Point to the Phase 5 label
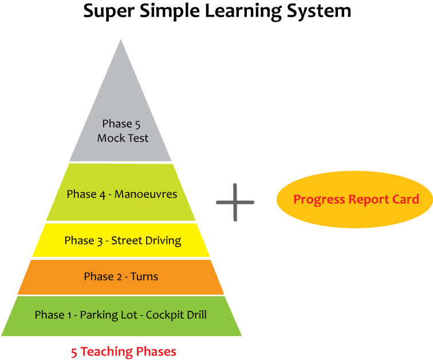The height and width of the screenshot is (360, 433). point(120,124)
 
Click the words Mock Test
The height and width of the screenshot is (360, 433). point(123,138)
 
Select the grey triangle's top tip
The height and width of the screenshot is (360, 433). point(120,41)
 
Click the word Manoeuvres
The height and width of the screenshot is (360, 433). point(145,194)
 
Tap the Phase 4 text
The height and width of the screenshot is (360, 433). point(86,194)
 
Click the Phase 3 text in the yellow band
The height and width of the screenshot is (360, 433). point(85,240)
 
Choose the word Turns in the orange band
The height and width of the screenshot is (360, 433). point(144,276)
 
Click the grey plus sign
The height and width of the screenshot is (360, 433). point(235,202)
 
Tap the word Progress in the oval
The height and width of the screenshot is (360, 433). point(319,200)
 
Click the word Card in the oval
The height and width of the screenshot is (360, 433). point(405,199)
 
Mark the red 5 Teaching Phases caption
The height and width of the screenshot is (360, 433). point(124,351)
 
